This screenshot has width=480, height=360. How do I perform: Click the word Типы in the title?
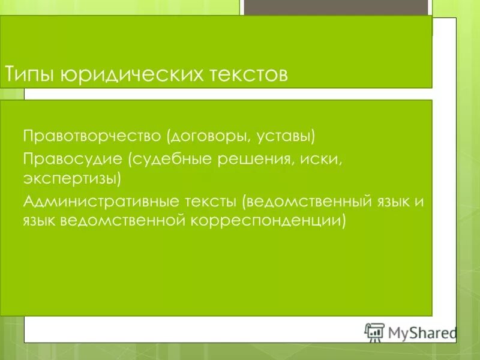tap(30, 74)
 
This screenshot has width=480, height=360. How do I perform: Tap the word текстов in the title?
tap(248, 74)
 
